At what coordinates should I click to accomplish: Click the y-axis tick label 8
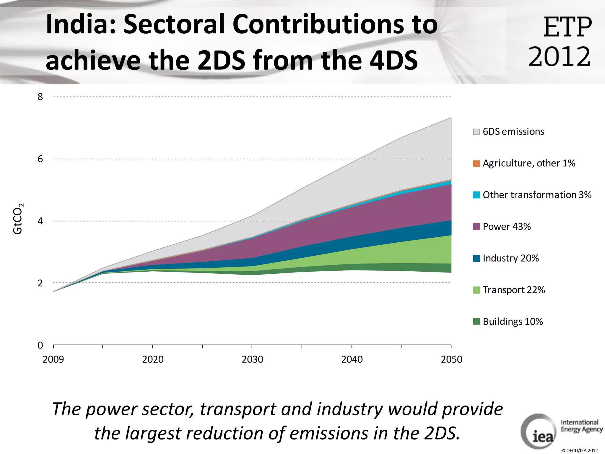(x=40, y=97)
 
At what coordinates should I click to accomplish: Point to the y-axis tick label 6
(x=40, y=159)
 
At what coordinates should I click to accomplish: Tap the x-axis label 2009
(x=53, y=359)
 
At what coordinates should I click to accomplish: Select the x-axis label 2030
(x=252, y=359)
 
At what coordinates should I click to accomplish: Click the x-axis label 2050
(x=451, y=359)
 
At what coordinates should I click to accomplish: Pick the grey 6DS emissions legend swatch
(x=476, y=132)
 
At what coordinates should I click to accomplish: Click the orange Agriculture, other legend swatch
(x=476, y=163)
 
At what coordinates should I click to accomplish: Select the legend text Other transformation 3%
(x=537, y=195)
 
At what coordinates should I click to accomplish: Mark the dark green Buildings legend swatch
(x=476, y=322)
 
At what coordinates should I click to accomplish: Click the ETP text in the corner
(x=567, y=27)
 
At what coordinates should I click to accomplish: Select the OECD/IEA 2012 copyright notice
(x=579, y=450)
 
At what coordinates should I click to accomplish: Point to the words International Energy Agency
(x=581, y=426)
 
